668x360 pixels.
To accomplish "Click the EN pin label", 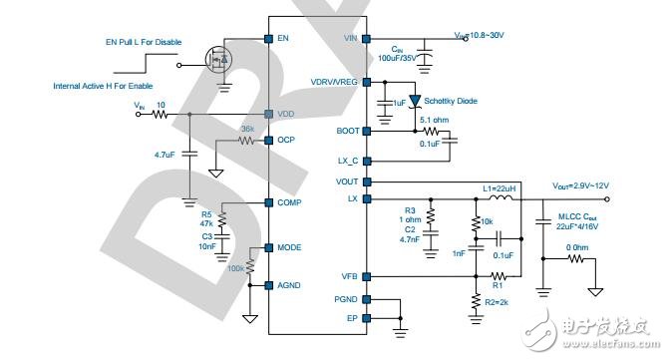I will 284,39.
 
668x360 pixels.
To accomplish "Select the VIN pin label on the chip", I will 349,39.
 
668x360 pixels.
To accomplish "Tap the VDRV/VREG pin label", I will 334,82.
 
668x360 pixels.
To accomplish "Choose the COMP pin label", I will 290,202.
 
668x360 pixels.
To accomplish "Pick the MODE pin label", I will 290,248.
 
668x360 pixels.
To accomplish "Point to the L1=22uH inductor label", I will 500,189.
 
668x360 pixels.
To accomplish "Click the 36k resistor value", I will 247,130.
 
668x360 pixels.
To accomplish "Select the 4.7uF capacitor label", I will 167,155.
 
